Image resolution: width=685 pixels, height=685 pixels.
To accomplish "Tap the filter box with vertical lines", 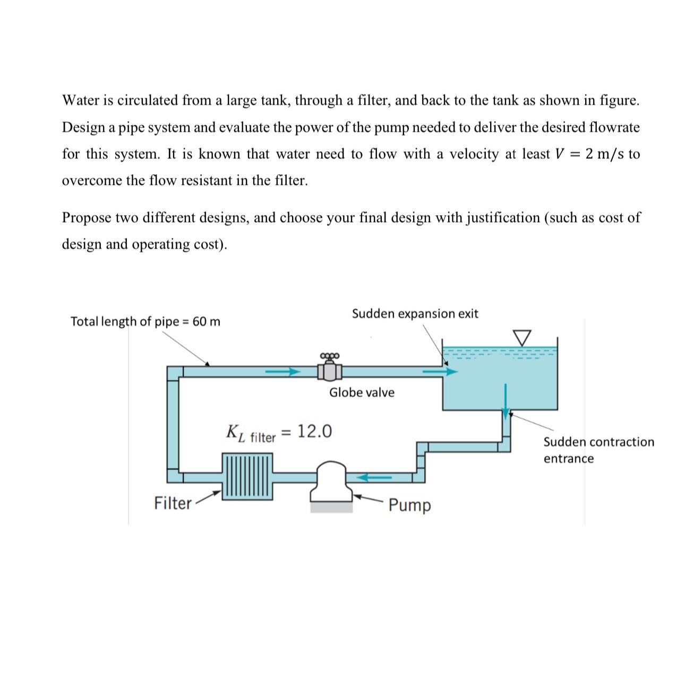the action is (247, 476).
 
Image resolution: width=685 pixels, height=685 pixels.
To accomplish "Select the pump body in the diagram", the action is (331, 481).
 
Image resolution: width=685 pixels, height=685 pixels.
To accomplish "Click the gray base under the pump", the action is (331, 507).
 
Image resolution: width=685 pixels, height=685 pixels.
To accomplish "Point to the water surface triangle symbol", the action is (522, 338).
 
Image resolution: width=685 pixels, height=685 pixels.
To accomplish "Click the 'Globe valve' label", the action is (362, 392).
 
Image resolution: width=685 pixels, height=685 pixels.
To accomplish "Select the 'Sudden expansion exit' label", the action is (415, 313).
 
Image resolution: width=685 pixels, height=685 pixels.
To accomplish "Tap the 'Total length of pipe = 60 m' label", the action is (145, 322).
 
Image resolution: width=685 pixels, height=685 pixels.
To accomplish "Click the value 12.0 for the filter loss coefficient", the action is (314, 431).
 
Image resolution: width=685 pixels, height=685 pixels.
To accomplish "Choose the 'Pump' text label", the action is (409, 505).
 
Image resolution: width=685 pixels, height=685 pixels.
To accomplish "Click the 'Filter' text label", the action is (173, 503).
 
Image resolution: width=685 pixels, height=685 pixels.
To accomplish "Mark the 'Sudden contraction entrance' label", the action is (598, 450).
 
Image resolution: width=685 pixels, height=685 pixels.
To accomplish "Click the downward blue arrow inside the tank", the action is (505, 401).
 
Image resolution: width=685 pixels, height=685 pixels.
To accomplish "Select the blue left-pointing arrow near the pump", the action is (374, 477).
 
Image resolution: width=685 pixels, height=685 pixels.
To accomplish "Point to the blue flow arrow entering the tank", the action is (440, 372).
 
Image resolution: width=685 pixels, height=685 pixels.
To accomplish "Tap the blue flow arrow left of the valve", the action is (283, 372).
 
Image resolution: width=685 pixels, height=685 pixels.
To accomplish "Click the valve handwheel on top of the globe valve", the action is (330, 355).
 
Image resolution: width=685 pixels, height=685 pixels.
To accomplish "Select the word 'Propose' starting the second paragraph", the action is (87, 218).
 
